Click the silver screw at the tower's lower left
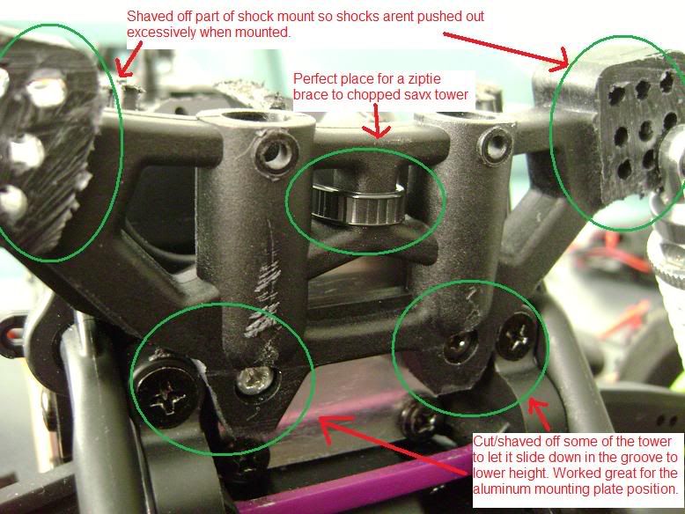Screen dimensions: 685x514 click(x=255, y=379)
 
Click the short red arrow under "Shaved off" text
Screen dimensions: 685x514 click(x=129, y=60)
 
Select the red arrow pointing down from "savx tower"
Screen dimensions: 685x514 click(x=376, y=121)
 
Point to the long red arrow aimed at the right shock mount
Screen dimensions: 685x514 click(x=506, y=50)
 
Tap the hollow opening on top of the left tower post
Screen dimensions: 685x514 click(x=246, y=118)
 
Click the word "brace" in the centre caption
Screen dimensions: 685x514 click(x=311, y=95)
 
